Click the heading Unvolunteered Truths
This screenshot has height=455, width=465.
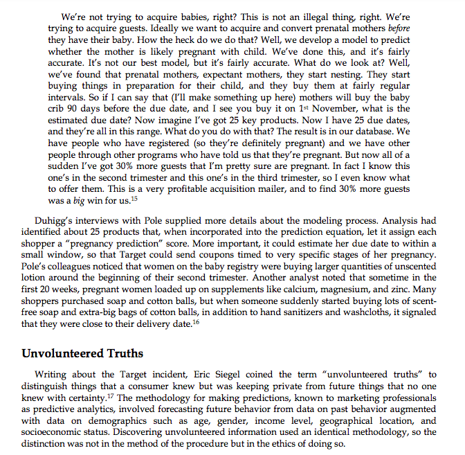82,353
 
